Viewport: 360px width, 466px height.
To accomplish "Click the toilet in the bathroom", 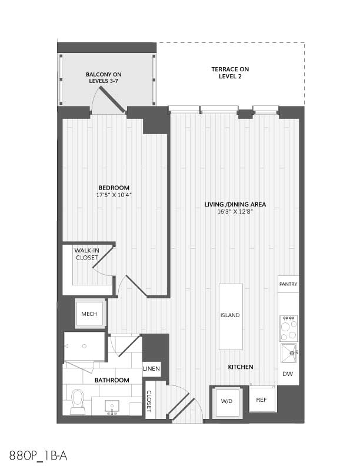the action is click(77, 401).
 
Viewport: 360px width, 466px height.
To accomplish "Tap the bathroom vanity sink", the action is click(112, 407).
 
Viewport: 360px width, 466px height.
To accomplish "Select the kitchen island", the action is click(231, 317).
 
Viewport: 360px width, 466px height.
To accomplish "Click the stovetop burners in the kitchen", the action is click(289, 328).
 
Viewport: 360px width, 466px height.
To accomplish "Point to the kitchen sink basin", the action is click(289, 353).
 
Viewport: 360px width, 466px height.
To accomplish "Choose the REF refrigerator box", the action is click(262, 399).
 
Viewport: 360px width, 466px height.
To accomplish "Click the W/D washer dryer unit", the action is click(227, 402).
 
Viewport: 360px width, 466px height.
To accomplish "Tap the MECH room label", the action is click(89, 314).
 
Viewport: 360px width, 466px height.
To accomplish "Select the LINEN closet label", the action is click(152, 369).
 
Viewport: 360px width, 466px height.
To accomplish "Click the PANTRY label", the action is click(288, 284).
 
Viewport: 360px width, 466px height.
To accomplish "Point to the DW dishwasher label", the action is click(288, 374).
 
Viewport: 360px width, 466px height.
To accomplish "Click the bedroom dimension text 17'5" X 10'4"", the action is click(114, 195).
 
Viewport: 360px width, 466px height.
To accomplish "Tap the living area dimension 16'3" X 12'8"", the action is click(235, 212).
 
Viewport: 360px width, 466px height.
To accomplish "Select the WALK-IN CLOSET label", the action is click(86, 254).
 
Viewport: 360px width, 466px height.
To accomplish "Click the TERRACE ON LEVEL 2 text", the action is click(230, 73).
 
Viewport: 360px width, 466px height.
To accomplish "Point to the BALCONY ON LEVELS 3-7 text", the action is click(104, 78).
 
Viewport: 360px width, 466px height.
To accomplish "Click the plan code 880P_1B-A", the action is click(38, 455).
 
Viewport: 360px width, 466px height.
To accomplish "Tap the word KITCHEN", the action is click(241, 367).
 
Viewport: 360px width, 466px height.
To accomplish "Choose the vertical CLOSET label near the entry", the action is click(149, 401).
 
